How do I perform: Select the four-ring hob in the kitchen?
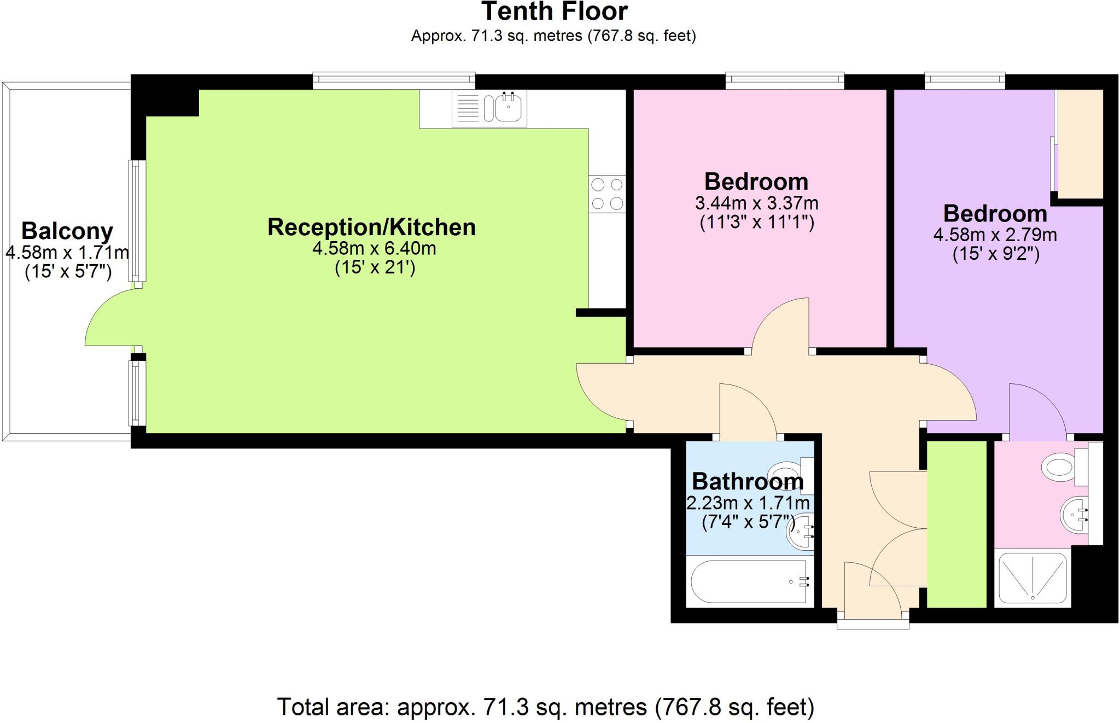607,194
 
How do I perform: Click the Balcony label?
67,231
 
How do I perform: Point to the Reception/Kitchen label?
371,227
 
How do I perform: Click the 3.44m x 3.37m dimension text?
756,203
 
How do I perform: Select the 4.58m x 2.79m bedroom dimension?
995,235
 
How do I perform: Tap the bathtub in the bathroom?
749,582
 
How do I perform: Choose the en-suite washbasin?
1073,514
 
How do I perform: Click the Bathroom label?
748,482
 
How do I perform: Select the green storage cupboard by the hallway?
956,523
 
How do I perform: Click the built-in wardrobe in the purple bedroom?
1080,144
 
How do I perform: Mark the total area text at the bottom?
545,707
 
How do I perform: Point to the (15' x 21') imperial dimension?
375,268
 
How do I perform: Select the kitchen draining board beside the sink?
467,108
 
